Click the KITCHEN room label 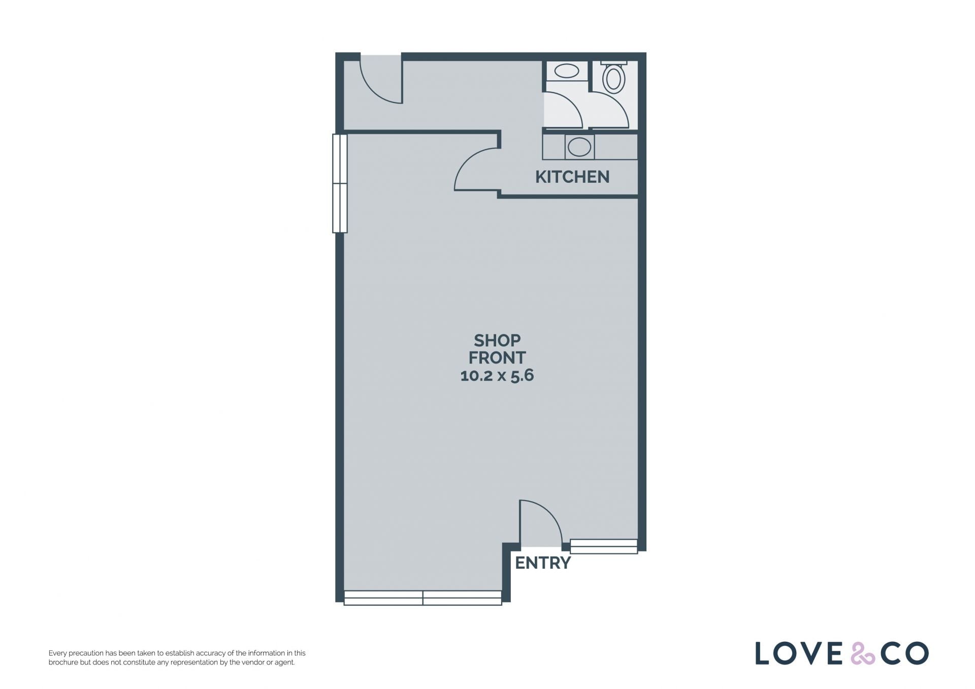(x=572, y=177)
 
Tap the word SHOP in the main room (x=497, y=340)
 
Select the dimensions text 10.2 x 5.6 (x=497, y=375)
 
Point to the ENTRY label (x=543, y=563)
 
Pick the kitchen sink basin (x=579, y=147)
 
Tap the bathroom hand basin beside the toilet (x=567, y=71)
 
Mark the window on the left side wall (x=340, y=183)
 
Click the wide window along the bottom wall (x=423, y=598)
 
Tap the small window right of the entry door (x=604, y=546)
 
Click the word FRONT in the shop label (x=497, y=358)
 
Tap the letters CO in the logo (x=905, y=653)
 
